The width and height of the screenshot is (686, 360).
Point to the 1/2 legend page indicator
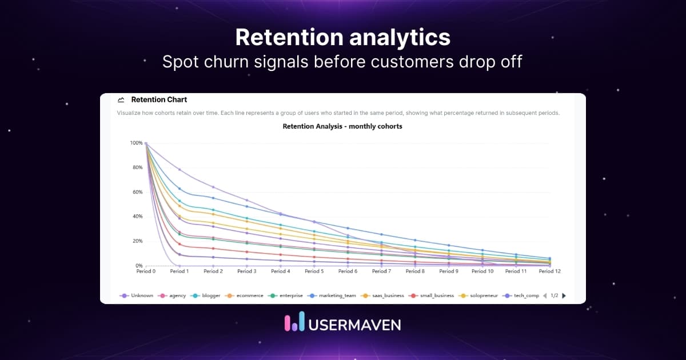(555, 295)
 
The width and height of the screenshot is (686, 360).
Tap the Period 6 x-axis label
(348, 271)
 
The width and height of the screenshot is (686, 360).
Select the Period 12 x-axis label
(549, 271)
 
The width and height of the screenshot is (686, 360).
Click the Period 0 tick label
(146, 271)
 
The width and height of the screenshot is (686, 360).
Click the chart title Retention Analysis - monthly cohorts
(342, 126)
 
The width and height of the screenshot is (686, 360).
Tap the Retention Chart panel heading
(159, 99)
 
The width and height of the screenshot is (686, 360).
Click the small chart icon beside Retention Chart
(121, 99)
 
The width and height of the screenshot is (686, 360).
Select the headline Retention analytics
(342, 37)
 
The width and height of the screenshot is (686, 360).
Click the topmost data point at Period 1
(180, 170)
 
